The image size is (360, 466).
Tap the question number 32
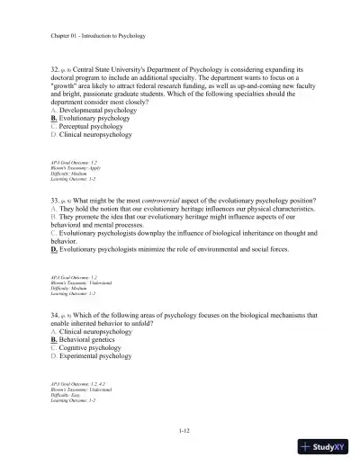pyautogui.click(x=56, y=67)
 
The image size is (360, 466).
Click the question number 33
pyautogui.click(x=56, y=197)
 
